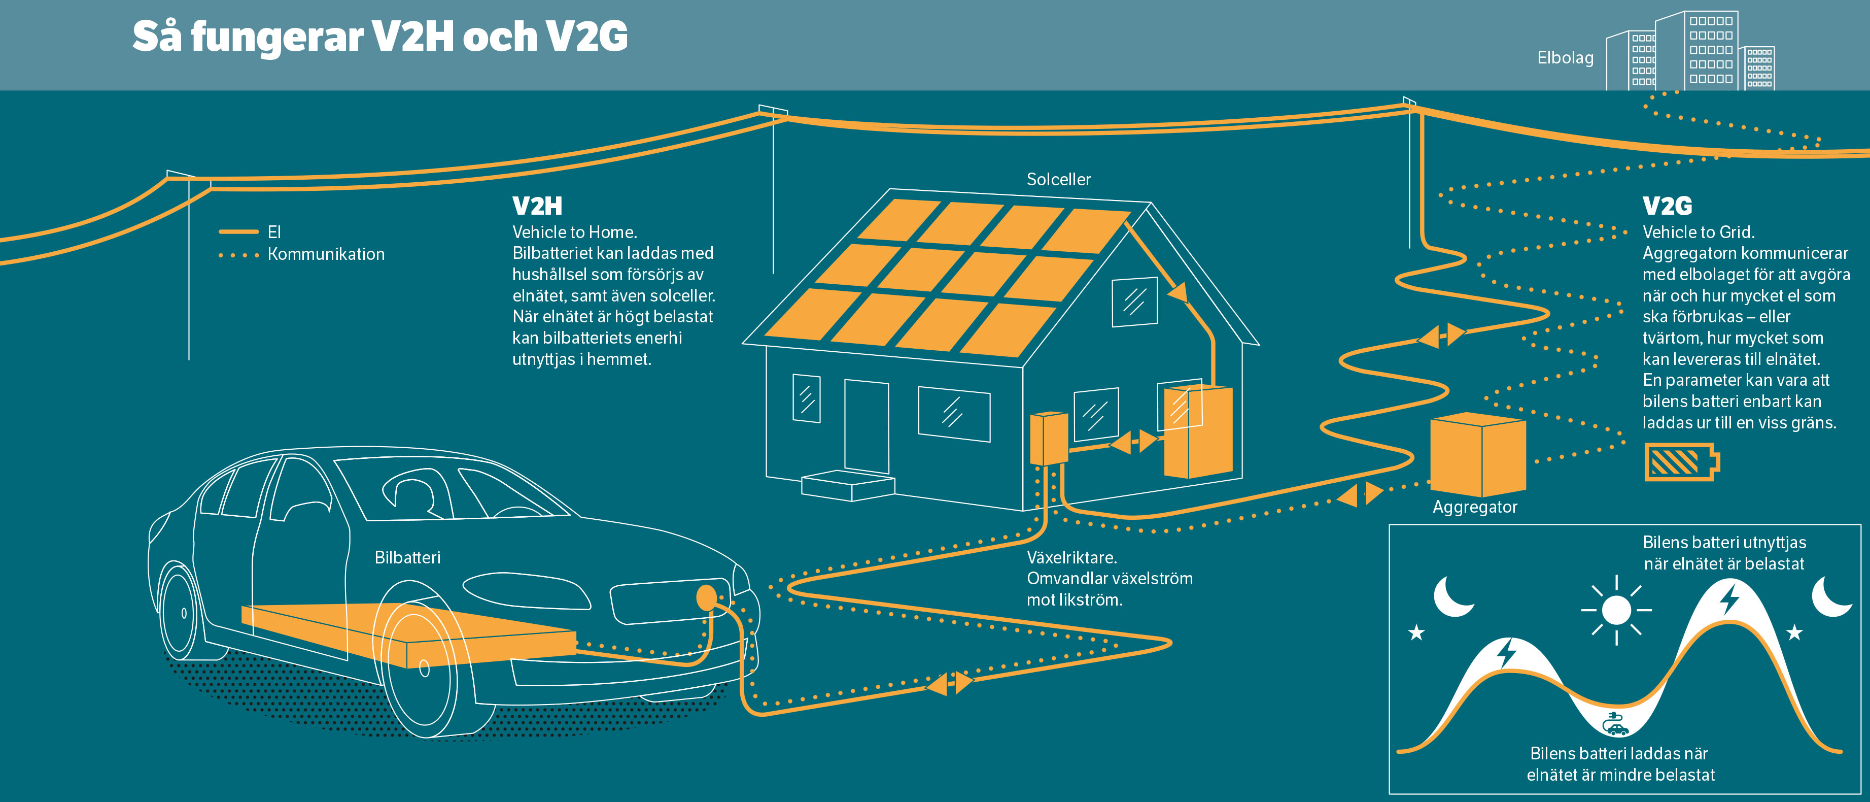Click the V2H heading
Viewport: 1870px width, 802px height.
[x=537, y=206]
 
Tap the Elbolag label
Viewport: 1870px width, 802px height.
[x=1565, y=58]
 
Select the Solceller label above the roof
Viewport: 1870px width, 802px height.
[x=1058, y=179]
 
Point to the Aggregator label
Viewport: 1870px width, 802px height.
[x=1474, y=507]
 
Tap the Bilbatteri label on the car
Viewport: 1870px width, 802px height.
[x=407, y=558]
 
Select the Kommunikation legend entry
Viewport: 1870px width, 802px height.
[x=326, y=254]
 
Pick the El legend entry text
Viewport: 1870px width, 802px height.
[x=273, y=232]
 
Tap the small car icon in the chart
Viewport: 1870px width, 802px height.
[x=1615, y=725]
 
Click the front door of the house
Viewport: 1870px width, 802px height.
[x=866, y=426]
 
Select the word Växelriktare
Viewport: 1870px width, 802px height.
[x=1071, y=558]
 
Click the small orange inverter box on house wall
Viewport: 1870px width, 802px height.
[x=1048, y=438]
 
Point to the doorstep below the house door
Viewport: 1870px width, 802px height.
[x=848, y=485]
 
